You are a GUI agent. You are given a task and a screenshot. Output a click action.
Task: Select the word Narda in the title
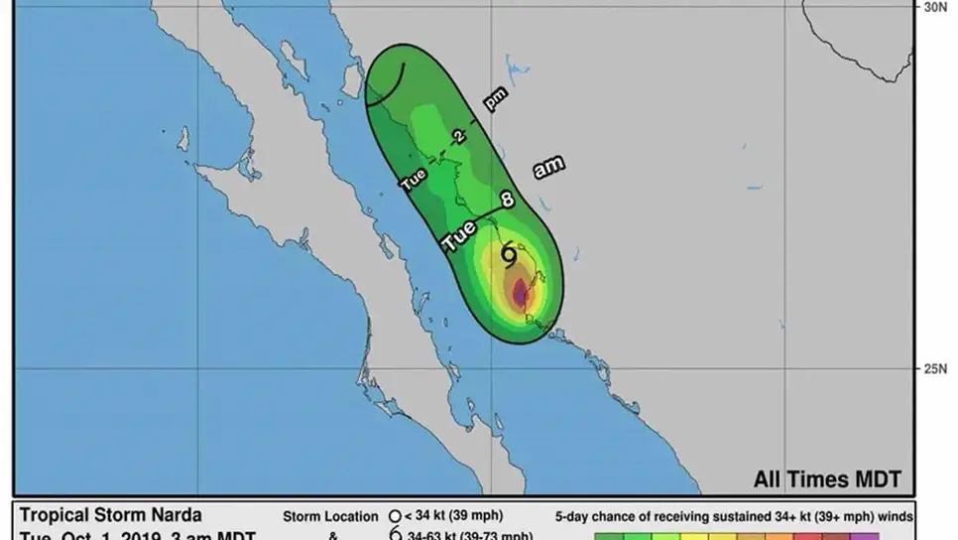pos(176,515)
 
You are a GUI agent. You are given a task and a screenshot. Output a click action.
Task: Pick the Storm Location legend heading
pos(330,516)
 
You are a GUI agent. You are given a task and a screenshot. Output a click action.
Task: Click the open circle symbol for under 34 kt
pos(396,516)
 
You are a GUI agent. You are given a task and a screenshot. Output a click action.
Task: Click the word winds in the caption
pos(890,516)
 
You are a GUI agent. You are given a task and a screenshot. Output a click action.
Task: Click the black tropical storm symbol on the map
pos(509,255)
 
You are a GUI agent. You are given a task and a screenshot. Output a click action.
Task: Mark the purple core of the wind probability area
pos(521,293)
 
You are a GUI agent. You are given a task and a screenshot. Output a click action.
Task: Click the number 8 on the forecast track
pos(508,200)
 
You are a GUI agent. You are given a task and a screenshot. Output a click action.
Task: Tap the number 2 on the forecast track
pos(458,137)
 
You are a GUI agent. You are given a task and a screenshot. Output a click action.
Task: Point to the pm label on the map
pos(496,97)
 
